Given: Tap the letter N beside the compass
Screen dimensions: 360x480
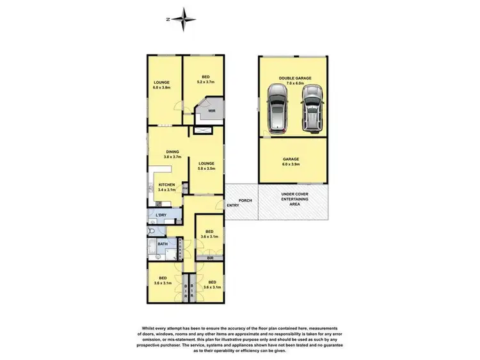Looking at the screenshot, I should pos(168,20).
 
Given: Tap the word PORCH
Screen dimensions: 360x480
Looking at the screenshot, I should pos(245,200).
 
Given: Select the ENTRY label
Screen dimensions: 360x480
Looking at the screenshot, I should pos(233,206).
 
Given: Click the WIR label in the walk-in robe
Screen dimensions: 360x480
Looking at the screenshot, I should pos(211,110).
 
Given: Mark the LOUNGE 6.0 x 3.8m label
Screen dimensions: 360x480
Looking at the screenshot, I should pos(161,85).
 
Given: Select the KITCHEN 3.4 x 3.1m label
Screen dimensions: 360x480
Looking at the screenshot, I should pos(166,188).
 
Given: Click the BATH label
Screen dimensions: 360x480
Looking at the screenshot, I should pos(163,245).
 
